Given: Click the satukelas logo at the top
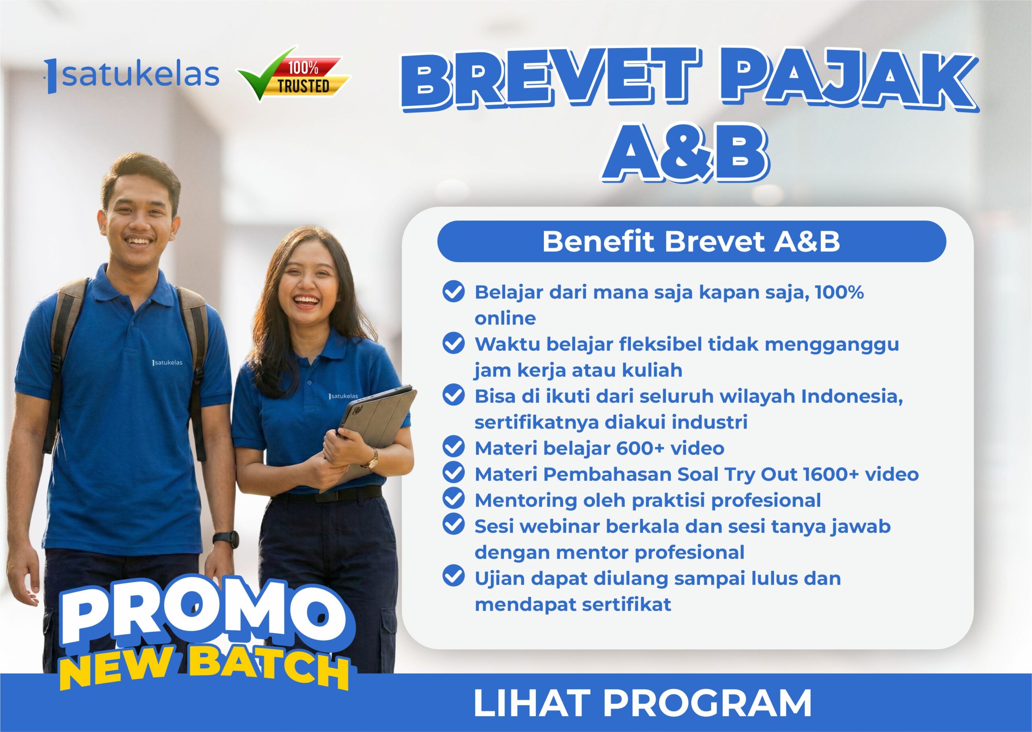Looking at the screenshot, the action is (133, 75).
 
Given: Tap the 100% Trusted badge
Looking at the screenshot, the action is (294, 73).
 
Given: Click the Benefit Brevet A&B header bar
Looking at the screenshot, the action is (691, 241).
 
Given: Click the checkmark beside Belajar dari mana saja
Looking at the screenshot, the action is (454, 292).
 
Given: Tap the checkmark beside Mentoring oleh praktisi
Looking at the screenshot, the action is (454, 499).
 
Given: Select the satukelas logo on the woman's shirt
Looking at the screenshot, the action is (343, 396).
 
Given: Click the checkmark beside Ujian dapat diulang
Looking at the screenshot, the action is (454, 577).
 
